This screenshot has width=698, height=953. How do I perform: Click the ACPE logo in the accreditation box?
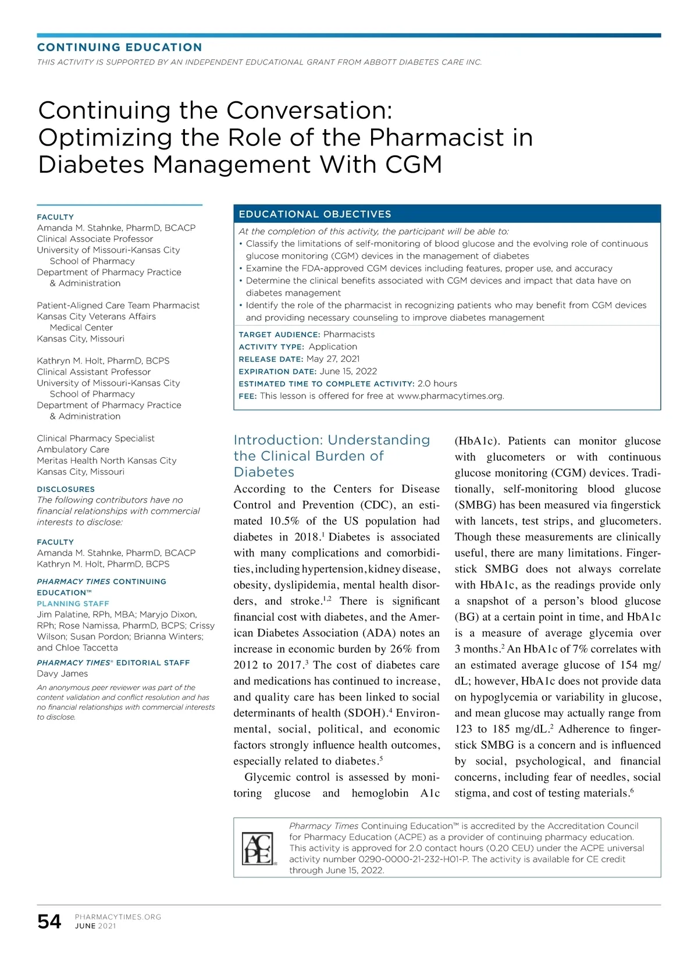pyautogui.click(x=258, y=848)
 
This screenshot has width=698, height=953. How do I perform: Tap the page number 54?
pyautogui.click(x=49, y=922)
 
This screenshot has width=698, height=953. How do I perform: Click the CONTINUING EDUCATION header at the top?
pyautogui.click(x=120, y=47)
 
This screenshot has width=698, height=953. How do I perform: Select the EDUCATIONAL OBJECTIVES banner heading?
pyautogui.click(x=315, y=214)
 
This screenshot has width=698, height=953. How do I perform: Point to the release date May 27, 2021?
pyautogui.click(x=333, y=359)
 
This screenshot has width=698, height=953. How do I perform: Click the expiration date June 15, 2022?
pyautogui.click(x=348, y=371)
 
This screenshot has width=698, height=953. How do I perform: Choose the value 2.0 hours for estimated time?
pyautogui.click(x=437, y=383)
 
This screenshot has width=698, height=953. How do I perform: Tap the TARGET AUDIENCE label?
pyautogui.click(x=279, y=335)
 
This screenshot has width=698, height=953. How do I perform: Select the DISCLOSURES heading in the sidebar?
pyautogui.click(x=66, y=489)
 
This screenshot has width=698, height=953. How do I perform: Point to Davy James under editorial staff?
pyautogui.click(x=62, y=674)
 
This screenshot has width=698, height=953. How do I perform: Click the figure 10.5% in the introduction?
pyautogui.click(x=284, y=521)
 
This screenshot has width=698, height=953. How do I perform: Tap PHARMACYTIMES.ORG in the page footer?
pyautogui.click(x=118, y=917)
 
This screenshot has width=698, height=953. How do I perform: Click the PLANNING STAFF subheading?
pyautogui.click(x=73, y=604)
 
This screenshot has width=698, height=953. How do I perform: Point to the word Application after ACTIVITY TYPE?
pyautogui.click(x=333, y=347)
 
